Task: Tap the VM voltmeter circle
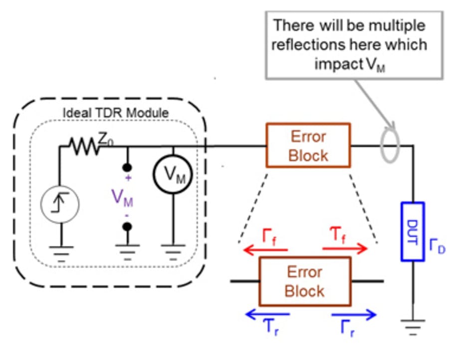pos(172,174)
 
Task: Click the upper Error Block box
pos(308,146)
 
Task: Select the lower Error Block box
pos(304,281)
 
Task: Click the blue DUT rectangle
pos(413,231)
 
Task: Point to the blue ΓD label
pos(438,245)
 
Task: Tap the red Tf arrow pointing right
pos(344,248)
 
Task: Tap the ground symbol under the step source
pos(59,254)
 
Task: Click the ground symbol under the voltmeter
pos(172,255)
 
